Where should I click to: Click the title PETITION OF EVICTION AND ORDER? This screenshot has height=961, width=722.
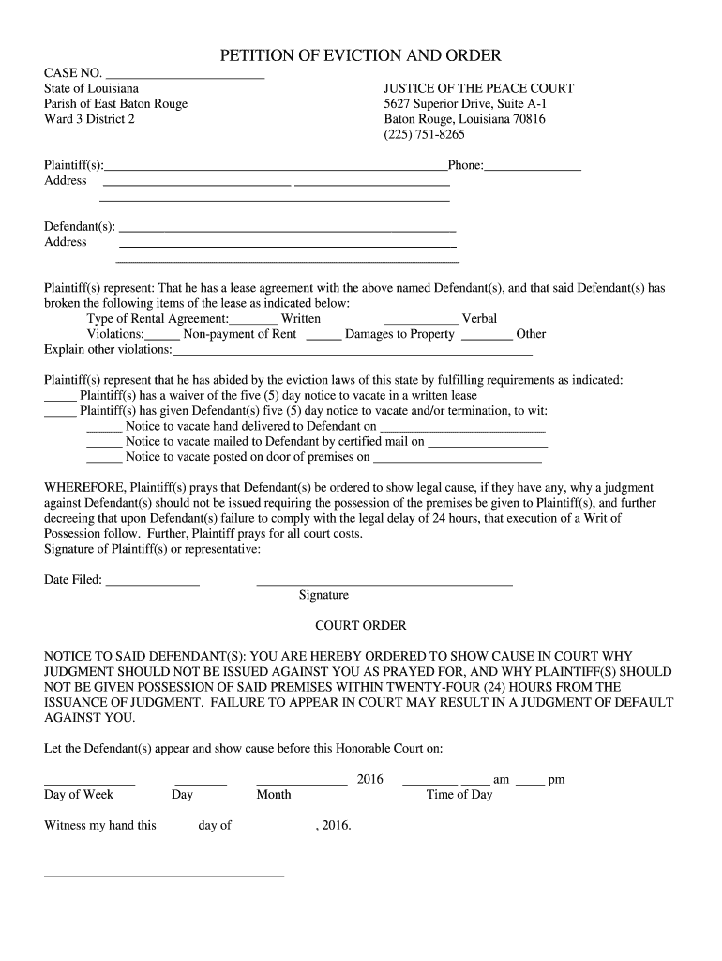pyautogui.click(x=360, y=56)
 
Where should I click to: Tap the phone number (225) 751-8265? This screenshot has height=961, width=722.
pyautogui.click(x=424, y=134)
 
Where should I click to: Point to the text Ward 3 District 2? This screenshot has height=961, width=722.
pyautogui.click(x=90, y=119)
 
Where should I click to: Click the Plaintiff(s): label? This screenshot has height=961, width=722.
pyautogui.click(x=74, y=165)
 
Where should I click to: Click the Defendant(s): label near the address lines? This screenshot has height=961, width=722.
pyautogui.click(x=80, y=226)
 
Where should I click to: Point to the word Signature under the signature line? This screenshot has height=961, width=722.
pyautogui.click(x=323, y=595)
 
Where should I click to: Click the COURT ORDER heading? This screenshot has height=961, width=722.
pyautogui.click(x=360, y=625)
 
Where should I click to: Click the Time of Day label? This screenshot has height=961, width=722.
pyautogui.click(x=459, y=794)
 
